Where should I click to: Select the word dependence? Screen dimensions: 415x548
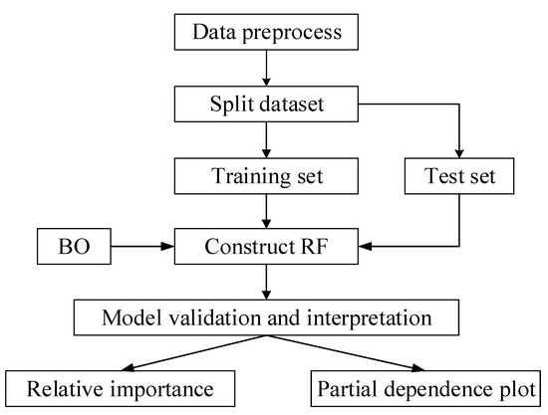[436, 385]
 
